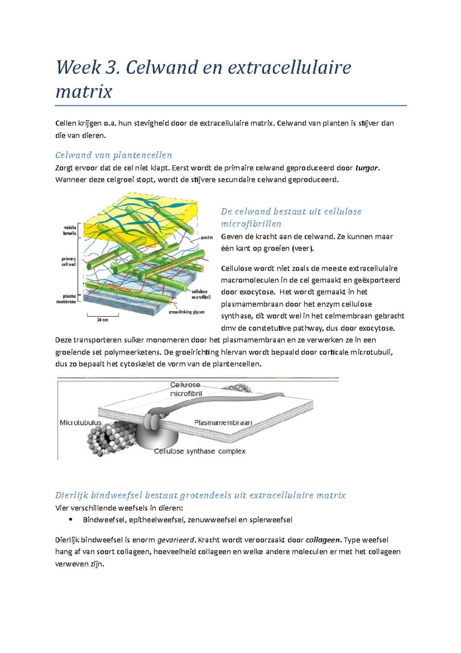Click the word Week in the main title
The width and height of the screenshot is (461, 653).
click(x=78, y=68)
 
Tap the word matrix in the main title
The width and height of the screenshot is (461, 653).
click(x=84, y=92)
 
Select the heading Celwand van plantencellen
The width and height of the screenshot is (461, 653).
click(x=113, y=155)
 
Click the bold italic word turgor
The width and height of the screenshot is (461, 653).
click(x=366, y=168)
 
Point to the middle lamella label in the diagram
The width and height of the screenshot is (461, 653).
click(x=70, y=230)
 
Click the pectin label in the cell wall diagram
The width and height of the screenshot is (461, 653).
click(x=207, y=237)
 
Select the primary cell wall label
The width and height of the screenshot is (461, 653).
click(x=69, y=262)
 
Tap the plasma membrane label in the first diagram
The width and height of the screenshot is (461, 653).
click(x=67, y=299)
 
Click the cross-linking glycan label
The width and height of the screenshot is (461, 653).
click(x=186, y=312)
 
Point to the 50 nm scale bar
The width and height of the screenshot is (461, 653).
click(x=103, y=317)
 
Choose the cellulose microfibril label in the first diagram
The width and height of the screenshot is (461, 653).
click(x=201, y=294)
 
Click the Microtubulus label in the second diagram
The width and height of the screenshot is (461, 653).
click(x=81, y=422)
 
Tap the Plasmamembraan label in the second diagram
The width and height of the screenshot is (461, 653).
click(x=223, y=422)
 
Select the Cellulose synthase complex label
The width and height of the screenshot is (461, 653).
click(x=199, y=451)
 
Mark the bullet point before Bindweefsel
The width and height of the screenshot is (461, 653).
click(x=70, y=520)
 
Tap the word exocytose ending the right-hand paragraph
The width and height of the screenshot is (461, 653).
click(x=375, y=328)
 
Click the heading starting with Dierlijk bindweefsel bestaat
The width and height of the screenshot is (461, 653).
click(x=200, y=495)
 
